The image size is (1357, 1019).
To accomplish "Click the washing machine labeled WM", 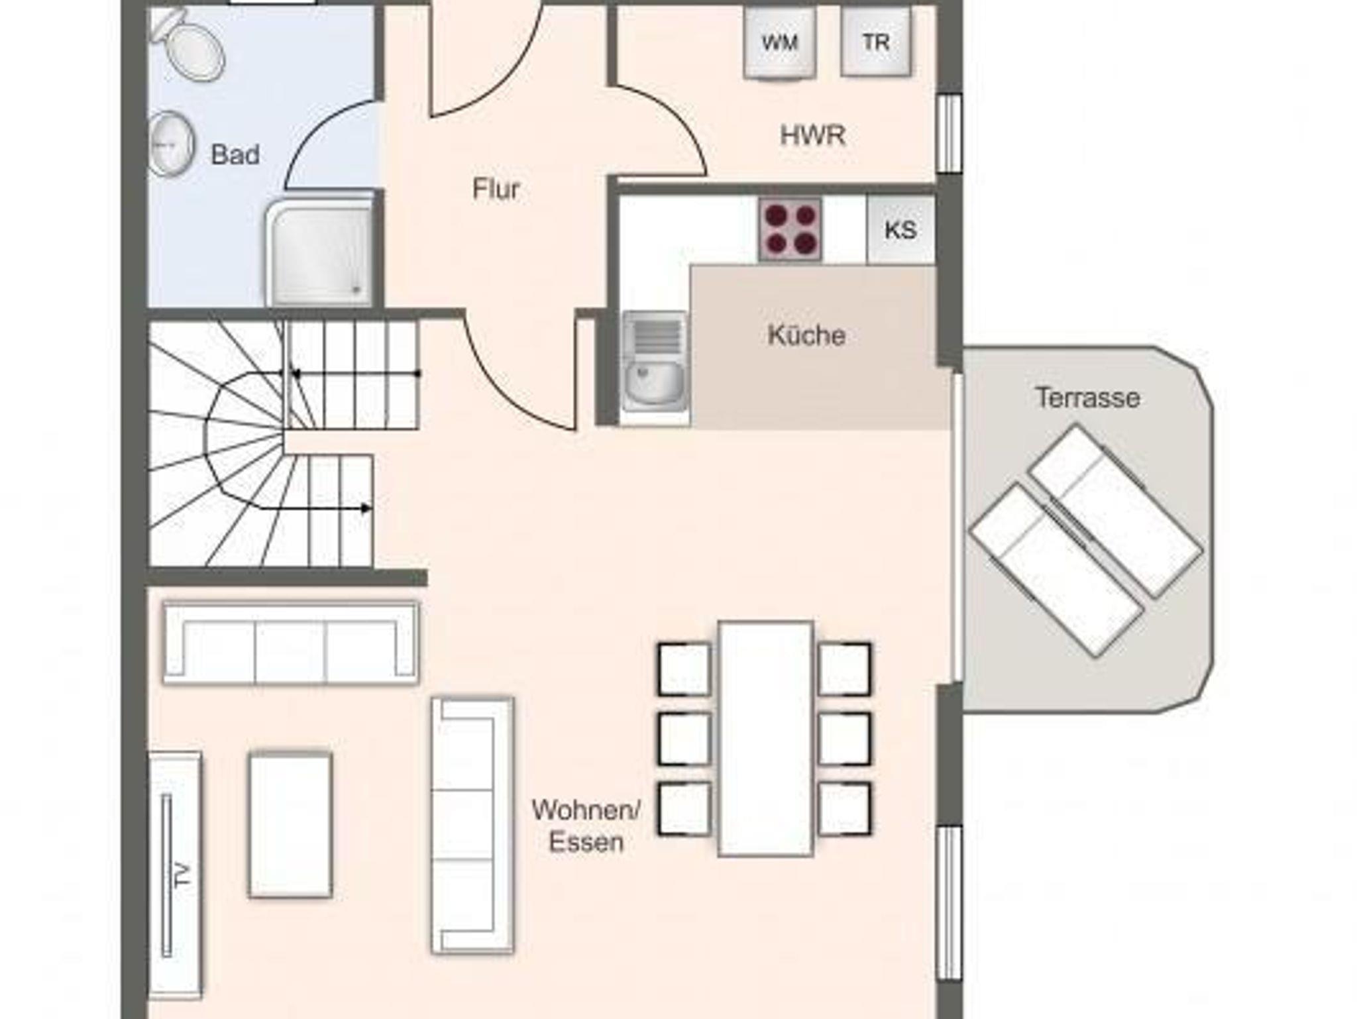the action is point(780,43).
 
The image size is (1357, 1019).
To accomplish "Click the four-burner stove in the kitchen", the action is point(790,229).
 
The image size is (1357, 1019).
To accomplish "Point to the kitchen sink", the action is point(655,361).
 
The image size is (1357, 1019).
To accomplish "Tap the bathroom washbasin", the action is point(170,144).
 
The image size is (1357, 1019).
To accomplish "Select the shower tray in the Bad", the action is point(319,254).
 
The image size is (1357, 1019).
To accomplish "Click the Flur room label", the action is point(496,189).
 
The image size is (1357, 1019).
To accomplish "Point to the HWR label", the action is point(812,135).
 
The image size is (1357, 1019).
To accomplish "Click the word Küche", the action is point(806,335).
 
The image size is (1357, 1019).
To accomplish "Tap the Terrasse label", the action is point(1087,398).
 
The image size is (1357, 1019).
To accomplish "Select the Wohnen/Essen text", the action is point(586,826).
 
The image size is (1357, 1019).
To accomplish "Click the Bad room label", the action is point(235,155).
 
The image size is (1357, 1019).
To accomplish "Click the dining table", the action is point(766,739).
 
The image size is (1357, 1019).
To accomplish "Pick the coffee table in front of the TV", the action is point(290,825).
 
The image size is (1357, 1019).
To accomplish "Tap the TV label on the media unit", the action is point(184,875).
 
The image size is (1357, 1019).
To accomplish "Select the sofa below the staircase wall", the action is point(291,643).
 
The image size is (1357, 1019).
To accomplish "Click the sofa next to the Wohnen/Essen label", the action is point(472,826).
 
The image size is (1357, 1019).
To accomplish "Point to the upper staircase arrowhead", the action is point(296,374).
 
